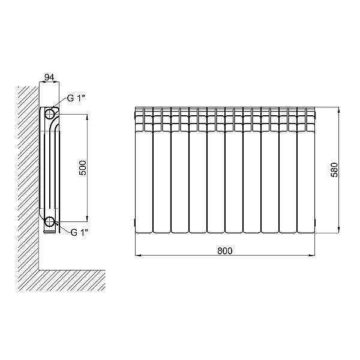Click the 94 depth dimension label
[x=49, y=77]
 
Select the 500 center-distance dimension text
[x=83, y=168]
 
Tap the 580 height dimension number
[x=334, y=170]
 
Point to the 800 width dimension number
[x=225, y=251]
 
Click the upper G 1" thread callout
[x=76, y=98]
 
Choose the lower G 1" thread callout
[x=79, y=232]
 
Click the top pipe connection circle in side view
[x=50, y=114]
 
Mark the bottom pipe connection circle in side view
[x=49, y=221]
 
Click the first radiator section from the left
[x=144, y=170]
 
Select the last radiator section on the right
[x=306, y=170]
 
